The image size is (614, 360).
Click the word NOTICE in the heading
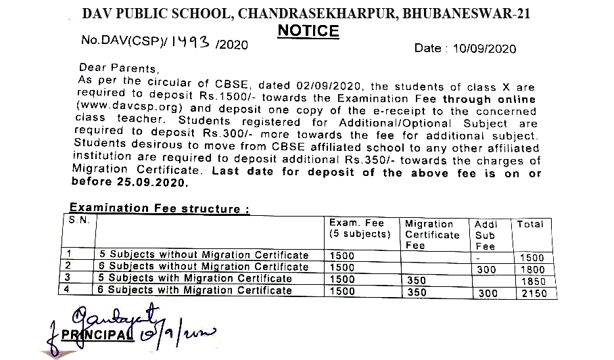coord(308,31)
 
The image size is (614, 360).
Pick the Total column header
coord(530,224)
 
